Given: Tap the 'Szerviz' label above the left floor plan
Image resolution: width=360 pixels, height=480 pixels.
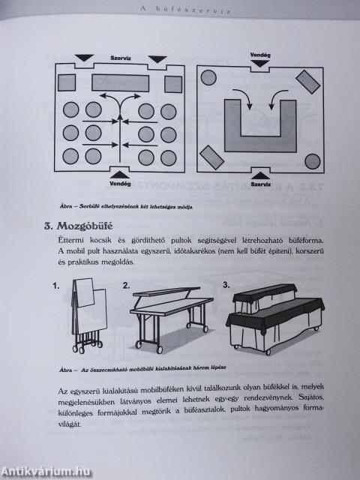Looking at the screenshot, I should click(x=121, y=58).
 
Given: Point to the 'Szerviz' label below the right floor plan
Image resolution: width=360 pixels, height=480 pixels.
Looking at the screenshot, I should click(x=260, y=182).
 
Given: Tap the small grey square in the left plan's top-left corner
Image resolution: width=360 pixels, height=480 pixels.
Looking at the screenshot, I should click(x=67, y=82).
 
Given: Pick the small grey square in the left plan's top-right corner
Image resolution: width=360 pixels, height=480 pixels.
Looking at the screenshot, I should click(x=173, y=82).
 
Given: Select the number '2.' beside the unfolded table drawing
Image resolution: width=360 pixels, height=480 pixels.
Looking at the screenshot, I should click(x=127, y=286).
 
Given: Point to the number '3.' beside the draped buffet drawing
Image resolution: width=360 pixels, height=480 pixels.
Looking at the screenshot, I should click(x=226, y=285).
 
